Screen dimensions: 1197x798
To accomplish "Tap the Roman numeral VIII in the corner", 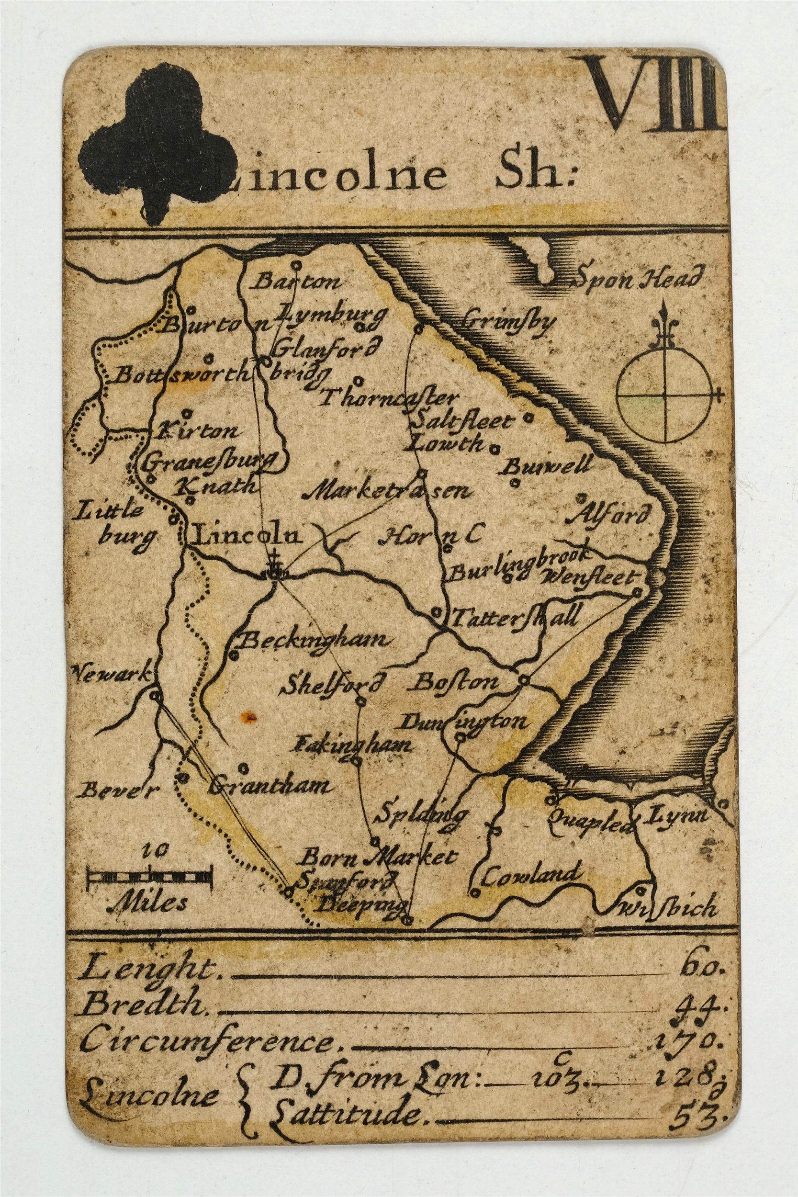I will pyautogui.click(x=656, y=94).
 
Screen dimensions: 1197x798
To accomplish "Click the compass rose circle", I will pyautogui.click(x=663, y=395).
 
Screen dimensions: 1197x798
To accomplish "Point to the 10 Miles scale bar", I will pyautogui.click(x=149, y=877).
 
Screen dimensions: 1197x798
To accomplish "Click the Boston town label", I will pyautogui.click(x=454, y=682).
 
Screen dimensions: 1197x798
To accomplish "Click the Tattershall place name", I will pyautogui.click(x=515, y=618).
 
